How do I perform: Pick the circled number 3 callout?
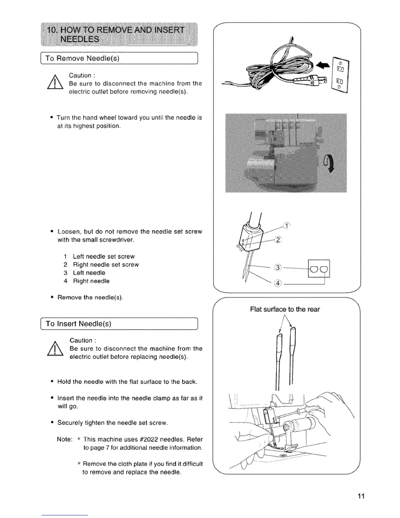tap(277, 268)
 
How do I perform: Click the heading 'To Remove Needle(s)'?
tap(82, 59)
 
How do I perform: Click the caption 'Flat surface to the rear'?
tap(285, 309)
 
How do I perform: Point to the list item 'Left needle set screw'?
tap(104, 256)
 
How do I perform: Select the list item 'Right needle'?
tap(91, 281)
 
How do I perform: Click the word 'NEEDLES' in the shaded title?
tap(78, 39)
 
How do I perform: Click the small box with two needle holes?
tap(319, 269)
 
